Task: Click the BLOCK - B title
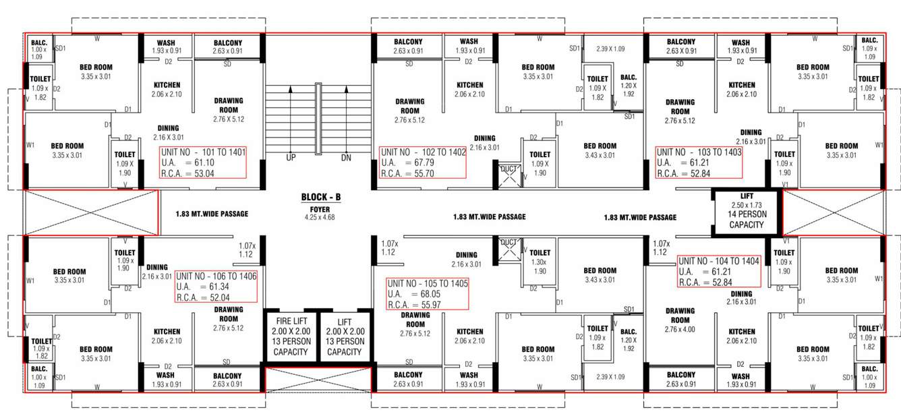(x=321, y=198)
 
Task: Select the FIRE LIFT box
(x=291, y=336)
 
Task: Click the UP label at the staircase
(x=291, y=157)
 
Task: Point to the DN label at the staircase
(x=346, y=157)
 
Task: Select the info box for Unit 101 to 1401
(x=203, y=162)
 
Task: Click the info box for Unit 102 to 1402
(x=423, y=162)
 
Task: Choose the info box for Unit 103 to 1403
(x=699, y=162)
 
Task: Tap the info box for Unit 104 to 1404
(x=720, y=271)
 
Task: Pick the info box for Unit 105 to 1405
(x=427, y=294)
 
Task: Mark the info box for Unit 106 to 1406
(x=216, y=287)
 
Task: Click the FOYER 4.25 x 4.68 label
(x=320, y=213)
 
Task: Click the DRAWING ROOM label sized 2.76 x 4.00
(x=680, y=320)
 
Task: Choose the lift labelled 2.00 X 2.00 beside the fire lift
(x=345, y=336)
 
